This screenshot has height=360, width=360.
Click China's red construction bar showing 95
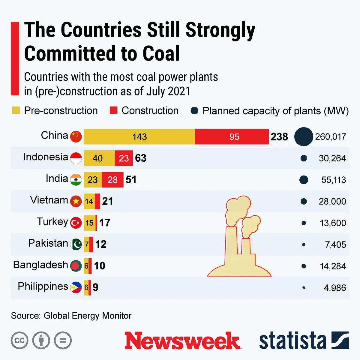click(x=232, y=137)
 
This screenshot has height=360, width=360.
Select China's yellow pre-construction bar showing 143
click(x=139, y=137)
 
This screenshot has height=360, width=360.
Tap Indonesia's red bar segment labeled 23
click(x=124, y=158)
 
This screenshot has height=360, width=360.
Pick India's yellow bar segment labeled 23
click(x=92, y=180)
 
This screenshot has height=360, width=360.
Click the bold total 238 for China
click(x=279, y=137)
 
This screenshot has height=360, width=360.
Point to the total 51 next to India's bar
click(x=131, y=180)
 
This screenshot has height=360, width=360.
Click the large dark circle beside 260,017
click(x=304, y=137)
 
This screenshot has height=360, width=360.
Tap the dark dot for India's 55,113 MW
click(x=304, y=180)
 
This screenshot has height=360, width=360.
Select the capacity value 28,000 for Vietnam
click(x=332, y=201)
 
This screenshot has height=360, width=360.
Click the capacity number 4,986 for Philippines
click(x=334, y=288)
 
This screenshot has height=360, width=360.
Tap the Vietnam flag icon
click(x=76, y=201)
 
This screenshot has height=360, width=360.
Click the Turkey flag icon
click(x=76, y=223)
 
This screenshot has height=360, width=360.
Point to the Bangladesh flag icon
click(x=76, y=266)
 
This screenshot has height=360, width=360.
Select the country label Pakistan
click(x=48, y=243)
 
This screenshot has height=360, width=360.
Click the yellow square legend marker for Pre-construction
click(x=16, y=110)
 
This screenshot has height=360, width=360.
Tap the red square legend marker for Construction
click(x=113, y=110)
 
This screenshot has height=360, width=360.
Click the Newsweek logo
click(x=183, y=340)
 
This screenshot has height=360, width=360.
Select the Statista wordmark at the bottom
click(x=292, y=341)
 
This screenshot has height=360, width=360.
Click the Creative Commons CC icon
click(x=19, y=340)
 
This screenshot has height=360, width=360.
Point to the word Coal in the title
click(x=161, y=53)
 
